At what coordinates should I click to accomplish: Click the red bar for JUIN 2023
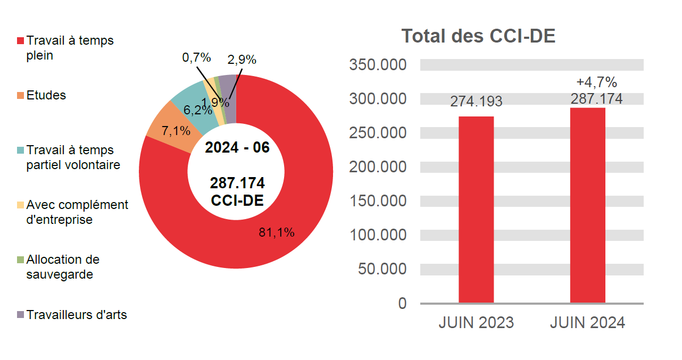tap(476, 210)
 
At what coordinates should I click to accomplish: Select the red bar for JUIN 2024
tap(587, 205)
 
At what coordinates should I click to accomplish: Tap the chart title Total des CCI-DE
tap(478, 36)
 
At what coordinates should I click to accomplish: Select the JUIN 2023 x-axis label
tap(476, 323)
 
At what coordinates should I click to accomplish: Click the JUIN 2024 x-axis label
tap(587, 323)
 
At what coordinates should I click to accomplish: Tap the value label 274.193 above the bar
tap(476, 102)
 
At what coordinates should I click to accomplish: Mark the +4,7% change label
tap(596, 82)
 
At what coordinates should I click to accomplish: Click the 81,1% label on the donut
tap(277, 232)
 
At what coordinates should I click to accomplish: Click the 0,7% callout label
tap(196, 58)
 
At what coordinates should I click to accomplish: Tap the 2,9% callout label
tap(242, 60)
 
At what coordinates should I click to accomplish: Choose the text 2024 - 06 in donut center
tap(237, 148)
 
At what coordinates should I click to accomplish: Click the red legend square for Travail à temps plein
tap(21, 41)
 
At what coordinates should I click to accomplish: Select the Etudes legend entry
tap(46, 95)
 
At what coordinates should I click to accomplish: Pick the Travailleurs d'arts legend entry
tap(77, 315)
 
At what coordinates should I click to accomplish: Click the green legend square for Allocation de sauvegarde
tap(21, 260)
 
